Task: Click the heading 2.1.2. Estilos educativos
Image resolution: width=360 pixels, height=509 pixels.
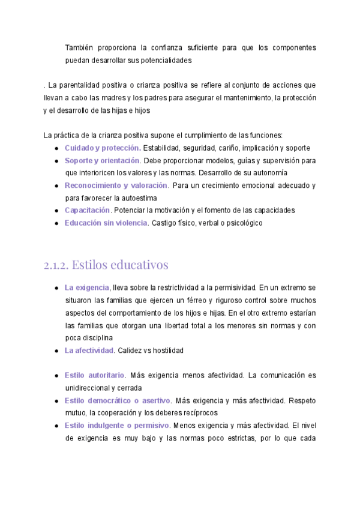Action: (106, 265)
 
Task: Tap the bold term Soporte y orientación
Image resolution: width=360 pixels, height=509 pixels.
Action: (102, 160)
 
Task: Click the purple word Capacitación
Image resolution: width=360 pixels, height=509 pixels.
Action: (87, 210)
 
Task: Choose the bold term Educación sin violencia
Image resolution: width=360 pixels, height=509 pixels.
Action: (106, 223)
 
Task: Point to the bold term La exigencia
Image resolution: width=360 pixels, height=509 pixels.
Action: (86, 288)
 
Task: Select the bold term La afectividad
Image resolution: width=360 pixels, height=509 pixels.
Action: (89, 350)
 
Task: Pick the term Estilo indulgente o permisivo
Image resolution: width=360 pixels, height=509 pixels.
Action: (116, 426)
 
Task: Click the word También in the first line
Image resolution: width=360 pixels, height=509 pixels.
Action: (80, 47)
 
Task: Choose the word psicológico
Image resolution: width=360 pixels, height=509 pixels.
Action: (242, 223)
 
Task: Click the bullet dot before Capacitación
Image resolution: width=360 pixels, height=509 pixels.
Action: (56, 211)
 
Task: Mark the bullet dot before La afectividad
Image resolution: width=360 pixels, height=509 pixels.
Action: (56, 351)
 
